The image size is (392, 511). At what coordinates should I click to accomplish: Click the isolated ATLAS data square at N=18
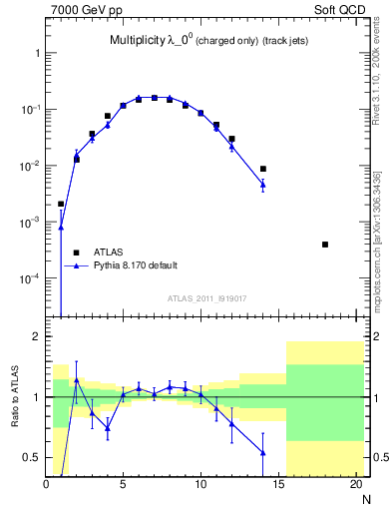[x=325, y=245]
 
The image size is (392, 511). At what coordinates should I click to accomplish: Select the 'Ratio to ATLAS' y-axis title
[x=13, y=396]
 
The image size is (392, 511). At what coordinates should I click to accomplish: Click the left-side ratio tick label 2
[x=35, y=337]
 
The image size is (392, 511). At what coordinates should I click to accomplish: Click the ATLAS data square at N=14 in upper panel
[x=263, y=169]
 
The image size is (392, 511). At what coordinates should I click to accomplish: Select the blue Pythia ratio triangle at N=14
[x=263, y=452]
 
